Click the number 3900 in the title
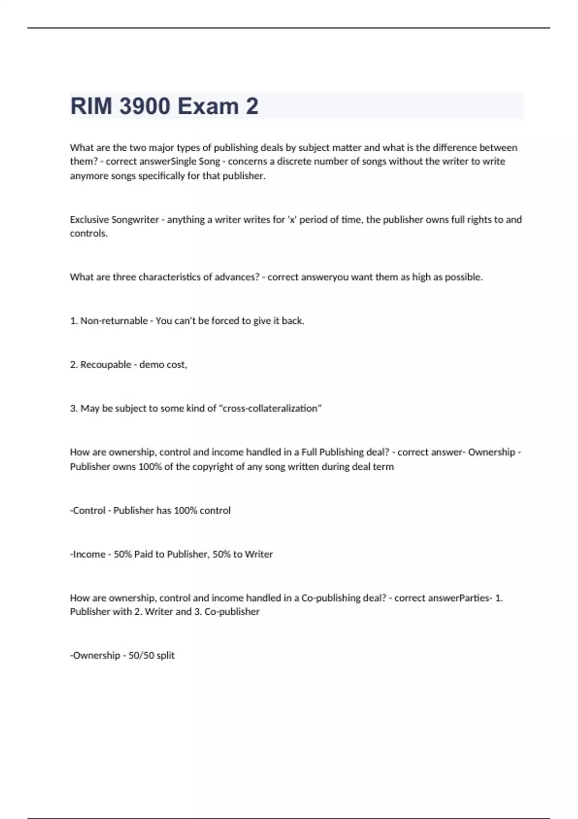(x=144, y=106)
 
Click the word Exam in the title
(x=208, y=106)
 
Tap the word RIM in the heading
(x=91, y=106)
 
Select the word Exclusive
(x=89, y=220)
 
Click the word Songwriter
(x=135, y=220)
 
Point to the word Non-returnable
(x=114, y=321)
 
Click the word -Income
(x=87, y=554)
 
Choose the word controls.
(x=89, y=233)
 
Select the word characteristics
(x=170, y=277)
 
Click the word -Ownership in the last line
(x=95, y=655)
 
